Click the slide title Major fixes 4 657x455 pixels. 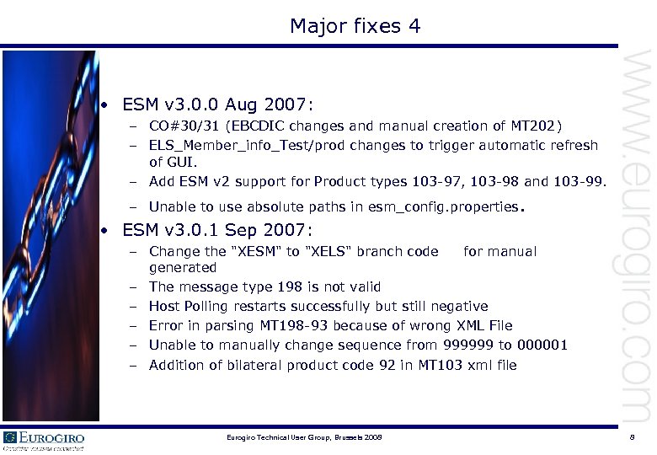(355, 27)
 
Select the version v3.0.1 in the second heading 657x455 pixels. (197, 230)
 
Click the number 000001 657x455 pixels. (539, 345)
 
